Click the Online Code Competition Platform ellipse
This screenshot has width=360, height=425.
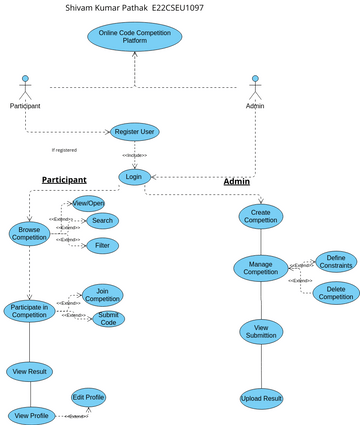(x=134, y=37)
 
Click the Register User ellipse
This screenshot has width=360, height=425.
(x=134, y=131)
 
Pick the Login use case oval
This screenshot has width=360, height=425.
(x=134, y=177)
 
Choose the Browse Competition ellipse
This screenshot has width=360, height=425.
(x=29, y=234)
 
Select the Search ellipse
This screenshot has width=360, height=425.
(x=102, y=221)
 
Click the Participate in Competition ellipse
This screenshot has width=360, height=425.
(x=29, y=311)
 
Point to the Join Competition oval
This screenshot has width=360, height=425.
(x=102, y=294)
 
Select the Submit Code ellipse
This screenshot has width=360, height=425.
(x=108, y=320)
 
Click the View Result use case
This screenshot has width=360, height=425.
(x=30, y=371)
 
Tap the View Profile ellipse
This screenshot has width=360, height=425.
(x=31, y=414)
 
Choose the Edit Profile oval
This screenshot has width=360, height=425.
(x=88, y=397)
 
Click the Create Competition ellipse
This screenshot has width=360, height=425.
(x=261, y=216)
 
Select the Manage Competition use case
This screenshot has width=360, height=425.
(x=260, y=268)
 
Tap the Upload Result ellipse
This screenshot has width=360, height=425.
(x=261, y=399)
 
